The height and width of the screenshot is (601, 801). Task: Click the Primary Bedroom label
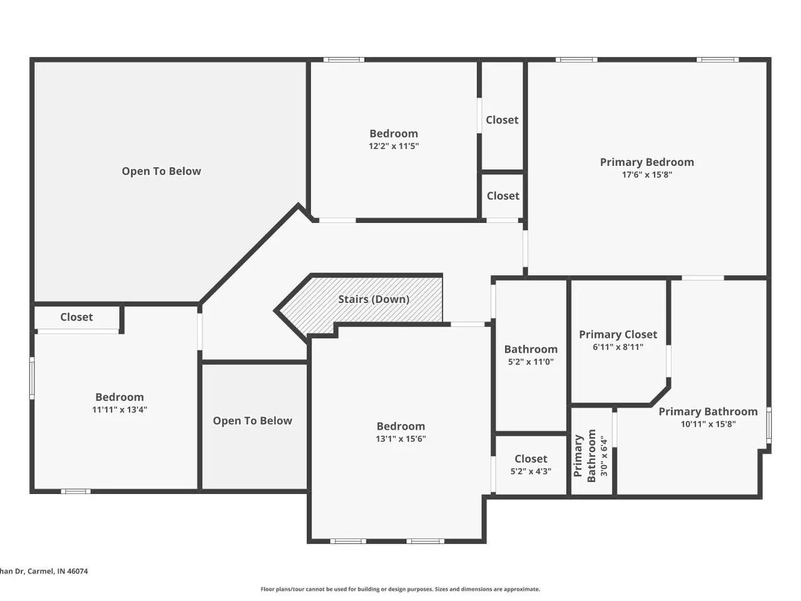(646, 162)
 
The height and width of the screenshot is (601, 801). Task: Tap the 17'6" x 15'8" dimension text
(647, 175)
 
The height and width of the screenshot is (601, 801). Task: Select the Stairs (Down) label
(374, 299)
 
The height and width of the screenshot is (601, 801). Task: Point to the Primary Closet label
(618, 334)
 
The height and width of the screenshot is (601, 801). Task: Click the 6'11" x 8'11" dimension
(618, 347)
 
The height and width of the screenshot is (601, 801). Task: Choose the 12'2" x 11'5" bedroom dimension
(394, 146)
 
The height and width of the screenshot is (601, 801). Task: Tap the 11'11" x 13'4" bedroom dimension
(120, 409)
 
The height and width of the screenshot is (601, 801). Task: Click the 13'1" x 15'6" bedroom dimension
(400, 439)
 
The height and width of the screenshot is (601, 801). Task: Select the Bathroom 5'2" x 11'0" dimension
(531, 362)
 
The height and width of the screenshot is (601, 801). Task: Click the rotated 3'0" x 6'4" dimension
(605, 455)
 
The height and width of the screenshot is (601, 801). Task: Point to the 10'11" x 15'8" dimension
(708, 424)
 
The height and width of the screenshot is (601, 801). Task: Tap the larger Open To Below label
(161, 171)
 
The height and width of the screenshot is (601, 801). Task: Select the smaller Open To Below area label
(253, 421)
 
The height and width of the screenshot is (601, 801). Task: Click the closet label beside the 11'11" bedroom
(76, 317)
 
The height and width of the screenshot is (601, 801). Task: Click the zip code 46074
(78, 571)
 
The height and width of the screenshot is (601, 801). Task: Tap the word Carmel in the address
(41, 571)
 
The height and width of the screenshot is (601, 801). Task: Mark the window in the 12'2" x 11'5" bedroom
(344, 60)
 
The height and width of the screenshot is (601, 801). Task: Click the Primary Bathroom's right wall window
(768, 426)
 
